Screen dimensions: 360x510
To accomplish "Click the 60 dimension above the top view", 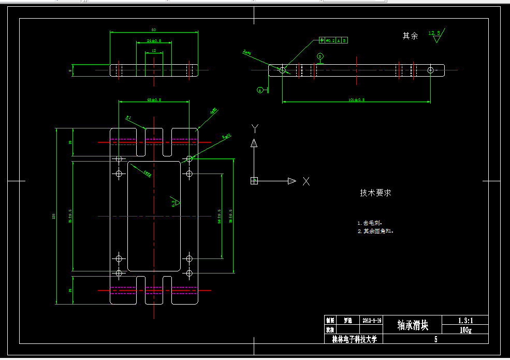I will coord(154,30).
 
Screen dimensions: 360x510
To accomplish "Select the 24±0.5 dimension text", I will coord(154,40).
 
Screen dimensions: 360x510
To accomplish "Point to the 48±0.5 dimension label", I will coord(154,99).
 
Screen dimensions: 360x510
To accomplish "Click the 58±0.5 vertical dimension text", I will coord(220,217).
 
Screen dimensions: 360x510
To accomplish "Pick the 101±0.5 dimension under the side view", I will coord(357,99).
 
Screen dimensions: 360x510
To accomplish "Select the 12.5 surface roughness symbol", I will coord(436,36).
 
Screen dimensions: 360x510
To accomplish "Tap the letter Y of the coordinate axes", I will coord(254,128).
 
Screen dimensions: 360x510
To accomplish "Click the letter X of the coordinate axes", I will coord(306,181).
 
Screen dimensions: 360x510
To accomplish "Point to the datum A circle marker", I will coord(260,90).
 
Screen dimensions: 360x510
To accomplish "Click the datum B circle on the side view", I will coord(320,56).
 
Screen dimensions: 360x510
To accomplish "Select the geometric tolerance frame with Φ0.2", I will coord(333,40).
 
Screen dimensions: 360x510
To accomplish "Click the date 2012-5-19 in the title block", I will coord(372,321).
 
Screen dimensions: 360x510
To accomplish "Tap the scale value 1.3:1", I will coord(465,320).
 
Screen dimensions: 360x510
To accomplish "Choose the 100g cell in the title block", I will coord(465,329).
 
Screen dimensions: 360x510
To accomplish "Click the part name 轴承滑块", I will coord(413,325).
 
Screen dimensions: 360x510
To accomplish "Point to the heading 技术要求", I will coord(375,193).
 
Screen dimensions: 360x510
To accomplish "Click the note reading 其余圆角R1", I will coord(377,231).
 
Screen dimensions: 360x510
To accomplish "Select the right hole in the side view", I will coord(430,70).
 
